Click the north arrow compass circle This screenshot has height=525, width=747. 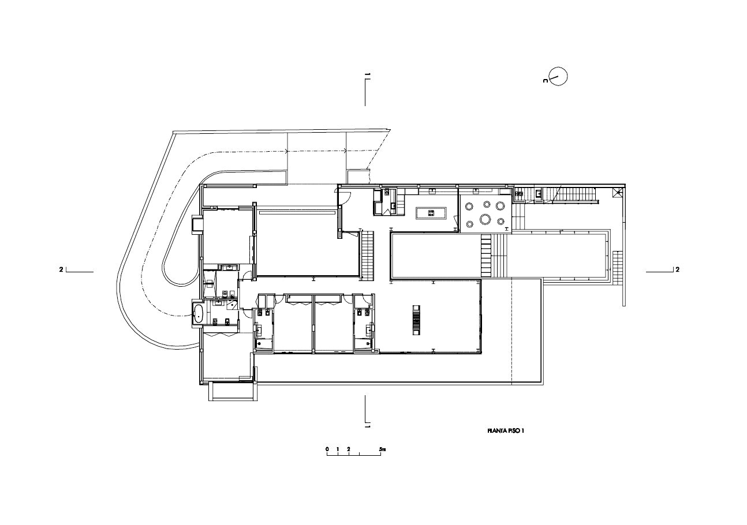point(558,76)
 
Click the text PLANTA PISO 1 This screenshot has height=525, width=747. point(505,430)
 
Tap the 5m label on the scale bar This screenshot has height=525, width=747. point(382,448)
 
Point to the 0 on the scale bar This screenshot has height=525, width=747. point(327,448)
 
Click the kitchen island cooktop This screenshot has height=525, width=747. point(431,213)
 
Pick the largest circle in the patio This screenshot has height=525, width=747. point(486,219)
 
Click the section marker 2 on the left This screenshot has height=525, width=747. point(61,269)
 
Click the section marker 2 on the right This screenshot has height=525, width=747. point(677,269)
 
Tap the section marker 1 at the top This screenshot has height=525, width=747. point(367,76)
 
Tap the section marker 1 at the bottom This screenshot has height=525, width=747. point(367,426)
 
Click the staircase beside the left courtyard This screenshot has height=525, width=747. point(368,254)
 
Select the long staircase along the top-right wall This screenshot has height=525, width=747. point(574,195)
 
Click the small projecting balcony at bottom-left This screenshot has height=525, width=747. point(230,392)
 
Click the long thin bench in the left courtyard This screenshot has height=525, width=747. point(297,213)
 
